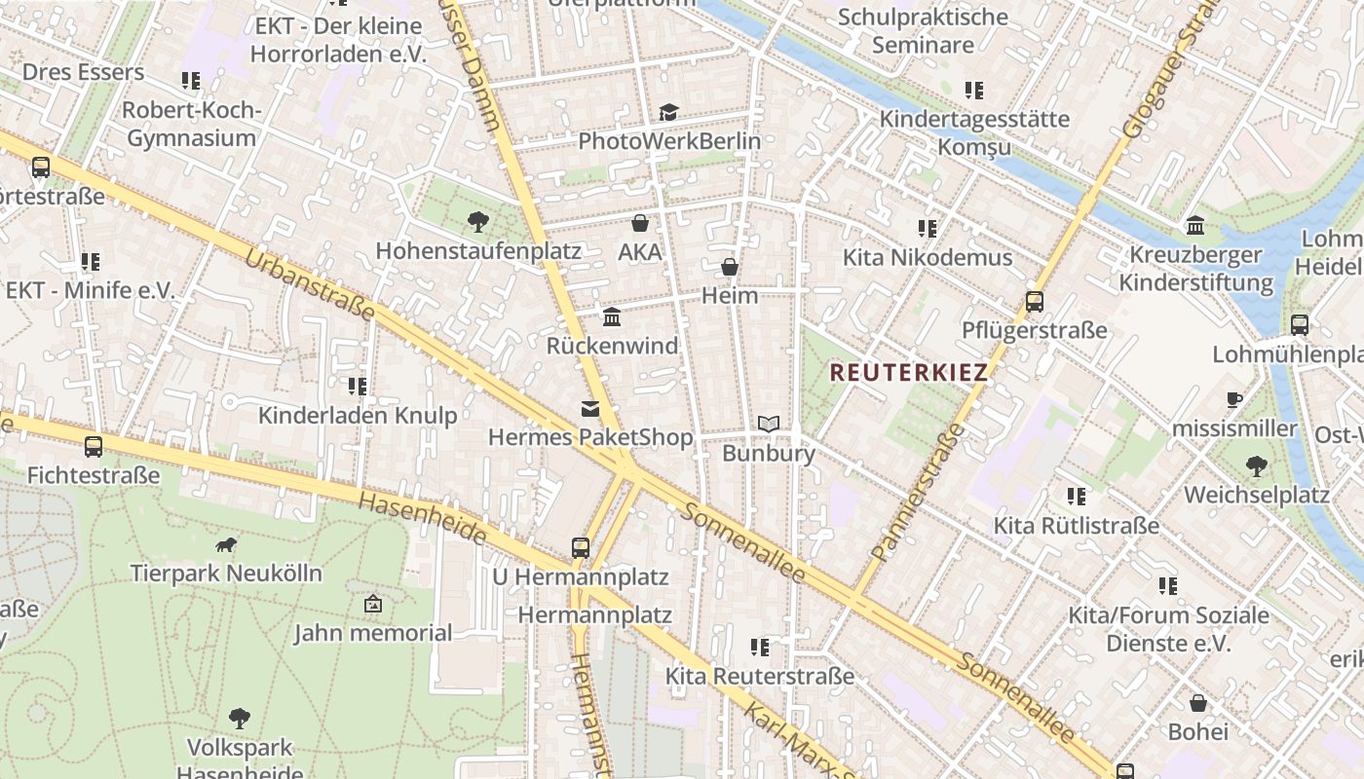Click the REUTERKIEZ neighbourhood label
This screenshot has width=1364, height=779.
click(908, 372)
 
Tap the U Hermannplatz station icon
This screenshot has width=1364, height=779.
click(581, 548)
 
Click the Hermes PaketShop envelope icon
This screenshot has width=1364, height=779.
click(590, 409)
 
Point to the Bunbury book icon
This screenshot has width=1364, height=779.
click(769, 425)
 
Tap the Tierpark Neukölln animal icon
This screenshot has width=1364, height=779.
click(226, 544)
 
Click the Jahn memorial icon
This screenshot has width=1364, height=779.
click(372, 605)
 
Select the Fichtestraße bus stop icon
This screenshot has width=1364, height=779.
click(94, 447)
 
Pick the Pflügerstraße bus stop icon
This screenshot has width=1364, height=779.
click(1035, 302)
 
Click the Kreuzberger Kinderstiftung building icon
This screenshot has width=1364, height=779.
click(1195, 227)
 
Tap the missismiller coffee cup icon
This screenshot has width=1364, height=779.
click(1234, 399)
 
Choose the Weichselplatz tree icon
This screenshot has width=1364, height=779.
click(1256, 465)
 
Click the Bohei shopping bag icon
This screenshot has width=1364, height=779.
click(1198, 703)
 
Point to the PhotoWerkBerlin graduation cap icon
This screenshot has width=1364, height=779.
click(668, 113)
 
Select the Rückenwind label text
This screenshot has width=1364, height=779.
click(612, 347)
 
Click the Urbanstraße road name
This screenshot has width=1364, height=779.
click(309, 284)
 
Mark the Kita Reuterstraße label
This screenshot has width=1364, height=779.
click(759, 676)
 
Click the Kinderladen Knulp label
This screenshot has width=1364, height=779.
click(357, 416)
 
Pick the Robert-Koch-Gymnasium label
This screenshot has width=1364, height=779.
click(192, 124)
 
